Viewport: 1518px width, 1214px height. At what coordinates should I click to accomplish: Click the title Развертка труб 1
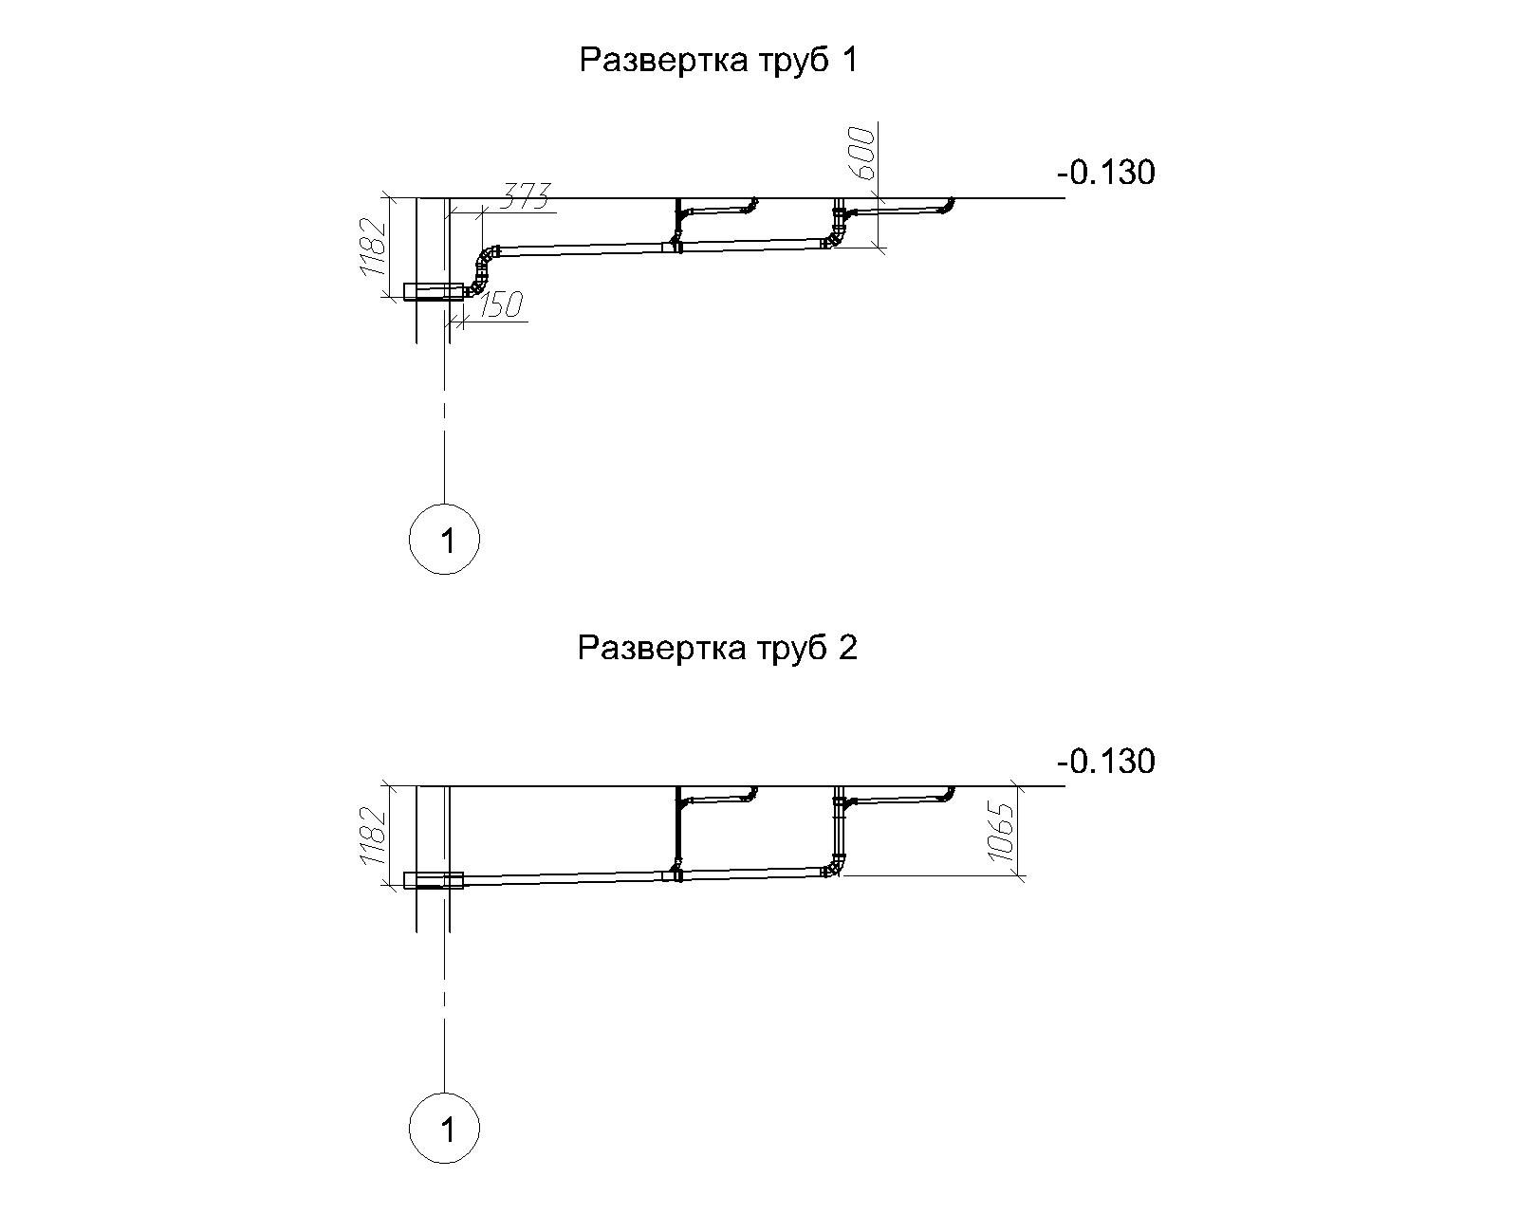(718, 61)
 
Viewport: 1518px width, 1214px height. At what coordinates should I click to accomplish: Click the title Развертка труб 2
(717, 648)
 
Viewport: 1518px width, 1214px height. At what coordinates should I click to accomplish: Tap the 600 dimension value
(861, 153)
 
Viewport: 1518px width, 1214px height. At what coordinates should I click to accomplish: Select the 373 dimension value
(524, 196)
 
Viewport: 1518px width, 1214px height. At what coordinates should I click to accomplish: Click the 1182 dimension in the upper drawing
(373, 247)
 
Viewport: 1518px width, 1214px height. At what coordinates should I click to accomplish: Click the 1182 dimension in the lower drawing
(373, 835)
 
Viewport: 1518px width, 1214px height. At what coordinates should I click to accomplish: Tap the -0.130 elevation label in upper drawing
(1106, 173)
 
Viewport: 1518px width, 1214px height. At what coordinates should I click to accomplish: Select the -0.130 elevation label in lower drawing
(1106, 762)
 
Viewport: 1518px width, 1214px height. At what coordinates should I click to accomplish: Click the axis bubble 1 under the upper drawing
(444, 539)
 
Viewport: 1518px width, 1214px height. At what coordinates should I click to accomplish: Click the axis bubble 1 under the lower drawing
(444, 1128)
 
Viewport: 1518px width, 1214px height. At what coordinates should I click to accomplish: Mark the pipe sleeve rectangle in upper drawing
(434, 291)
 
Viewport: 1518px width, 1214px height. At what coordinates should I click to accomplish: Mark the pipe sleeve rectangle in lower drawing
(434, 880)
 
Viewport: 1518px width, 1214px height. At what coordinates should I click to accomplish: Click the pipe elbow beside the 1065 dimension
(835, 867)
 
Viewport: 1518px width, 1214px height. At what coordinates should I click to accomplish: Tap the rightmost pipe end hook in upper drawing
(948, 205)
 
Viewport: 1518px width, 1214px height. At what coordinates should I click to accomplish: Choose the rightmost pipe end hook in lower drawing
(948, 794)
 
